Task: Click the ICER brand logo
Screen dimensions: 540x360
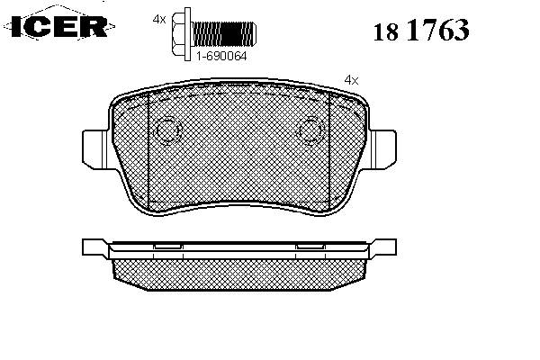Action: [x=59, y=26]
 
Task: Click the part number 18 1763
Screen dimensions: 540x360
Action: [x=421, y=30]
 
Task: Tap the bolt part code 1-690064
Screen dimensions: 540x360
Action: [x=221, y=56]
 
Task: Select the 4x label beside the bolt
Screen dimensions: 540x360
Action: [x=159, y=19]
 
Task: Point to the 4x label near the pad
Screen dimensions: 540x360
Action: [x=351, y=81]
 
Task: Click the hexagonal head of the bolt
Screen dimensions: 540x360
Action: [x=178, y=34]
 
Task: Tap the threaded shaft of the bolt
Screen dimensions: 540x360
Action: [x=224, y=34]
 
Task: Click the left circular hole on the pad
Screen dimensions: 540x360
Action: [x=167, y=130]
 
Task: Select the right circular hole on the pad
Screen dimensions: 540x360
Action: [x=311, y=130]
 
